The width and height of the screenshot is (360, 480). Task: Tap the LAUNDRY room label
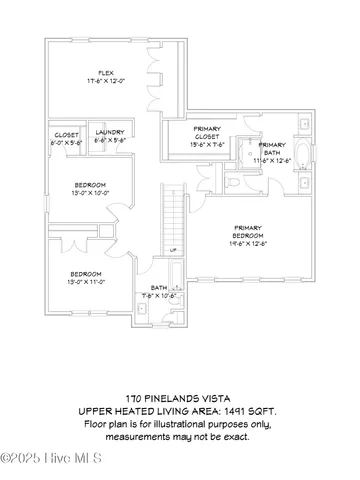[x=109, y=133]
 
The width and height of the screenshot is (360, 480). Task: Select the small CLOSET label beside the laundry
[x=66, y=133]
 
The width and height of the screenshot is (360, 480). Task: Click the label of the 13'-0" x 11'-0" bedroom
[x=85, y=274]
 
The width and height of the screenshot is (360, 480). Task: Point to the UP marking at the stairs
[x=173, y=249]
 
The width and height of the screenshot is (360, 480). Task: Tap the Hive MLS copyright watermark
[x=44, y=459]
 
